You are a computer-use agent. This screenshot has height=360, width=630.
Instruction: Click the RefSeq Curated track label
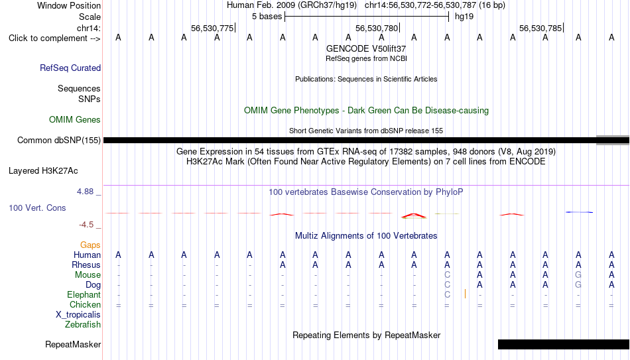click(70, 68)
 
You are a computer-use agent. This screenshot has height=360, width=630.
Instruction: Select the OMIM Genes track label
click(75, 120)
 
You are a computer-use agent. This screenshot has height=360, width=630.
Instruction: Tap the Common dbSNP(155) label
click(59, 141)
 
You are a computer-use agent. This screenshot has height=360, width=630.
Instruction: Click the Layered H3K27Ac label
click(43, 171)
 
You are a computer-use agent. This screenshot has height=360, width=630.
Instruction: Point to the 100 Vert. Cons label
click(37, 208)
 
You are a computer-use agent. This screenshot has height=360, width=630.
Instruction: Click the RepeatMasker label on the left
click(73, 344)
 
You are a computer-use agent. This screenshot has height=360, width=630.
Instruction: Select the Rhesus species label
click(86, 265)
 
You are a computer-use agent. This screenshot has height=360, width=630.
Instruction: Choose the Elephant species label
click(84, 294)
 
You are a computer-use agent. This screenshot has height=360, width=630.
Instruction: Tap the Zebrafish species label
click(83, 324)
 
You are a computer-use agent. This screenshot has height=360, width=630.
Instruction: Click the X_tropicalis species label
click(78, 315)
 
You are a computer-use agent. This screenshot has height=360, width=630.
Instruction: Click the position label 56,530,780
click(377, 28)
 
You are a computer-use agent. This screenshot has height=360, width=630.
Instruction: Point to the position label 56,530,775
click(212, 28)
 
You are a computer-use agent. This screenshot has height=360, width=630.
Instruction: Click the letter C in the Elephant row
click(447, 294)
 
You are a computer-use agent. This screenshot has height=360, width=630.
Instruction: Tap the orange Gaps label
click(90, 245)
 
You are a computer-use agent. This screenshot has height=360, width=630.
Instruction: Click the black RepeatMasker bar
click(564, 344)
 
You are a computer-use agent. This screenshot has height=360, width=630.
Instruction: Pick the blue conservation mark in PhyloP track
click(579, 211)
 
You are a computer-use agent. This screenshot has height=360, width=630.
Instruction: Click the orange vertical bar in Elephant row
click(465, 294)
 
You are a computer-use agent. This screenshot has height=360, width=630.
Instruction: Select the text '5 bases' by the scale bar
click(267, 17)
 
